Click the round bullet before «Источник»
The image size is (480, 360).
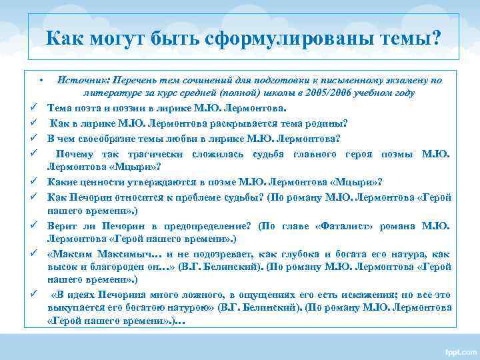41,81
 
